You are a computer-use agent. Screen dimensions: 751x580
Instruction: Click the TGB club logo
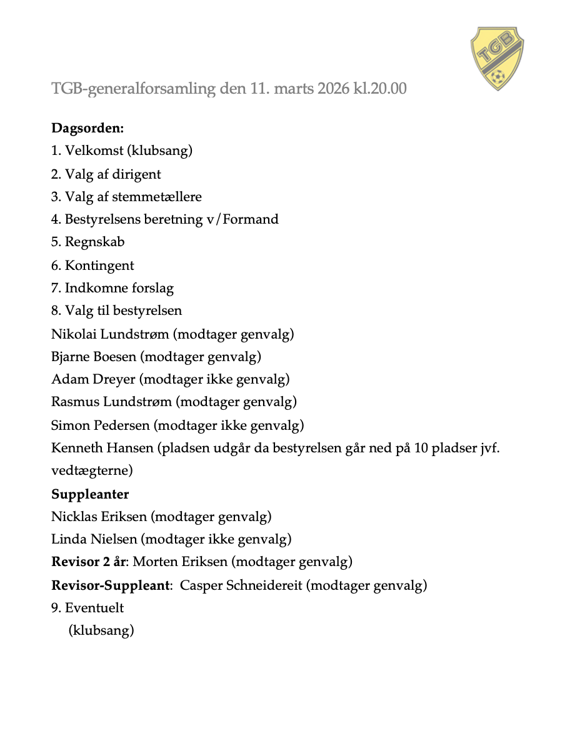click(x=497, y=57)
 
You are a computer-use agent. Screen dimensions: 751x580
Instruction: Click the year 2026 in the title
click(x=334, y=89)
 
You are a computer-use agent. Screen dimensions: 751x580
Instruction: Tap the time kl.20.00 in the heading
click(x=380, y=89)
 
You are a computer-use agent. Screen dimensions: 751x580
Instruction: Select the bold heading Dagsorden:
click(x=87, y=128)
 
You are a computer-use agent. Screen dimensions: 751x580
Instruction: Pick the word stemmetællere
click(x=157, y=197)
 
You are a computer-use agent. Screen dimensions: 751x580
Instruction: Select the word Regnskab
click(x=95, y=242)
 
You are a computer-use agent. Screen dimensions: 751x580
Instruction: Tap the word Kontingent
click(x=99, y=266)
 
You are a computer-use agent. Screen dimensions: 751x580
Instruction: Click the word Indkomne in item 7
click(x=92, y=288)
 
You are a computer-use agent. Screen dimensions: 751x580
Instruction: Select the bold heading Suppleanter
click(x=90, y=494)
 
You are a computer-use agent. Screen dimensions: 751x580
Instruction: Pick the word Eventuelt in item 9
click(x=94, y=608)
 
